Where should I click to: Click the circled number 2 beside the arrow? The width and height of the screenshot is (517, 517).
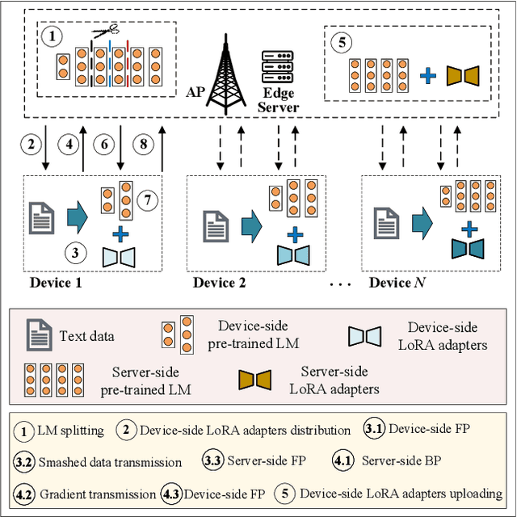click(31, 145)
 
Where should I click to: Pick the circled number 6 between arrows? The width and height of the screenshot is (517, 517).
click(104, 145)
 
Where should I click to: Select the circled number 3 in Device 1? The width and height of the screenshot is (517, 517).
click(75, 251)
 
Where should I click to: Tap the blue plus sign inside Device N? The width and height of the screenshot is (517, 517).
click(466, 229)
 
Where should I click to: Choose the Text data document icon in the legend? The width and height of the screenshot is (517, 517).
click(36, 334)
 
